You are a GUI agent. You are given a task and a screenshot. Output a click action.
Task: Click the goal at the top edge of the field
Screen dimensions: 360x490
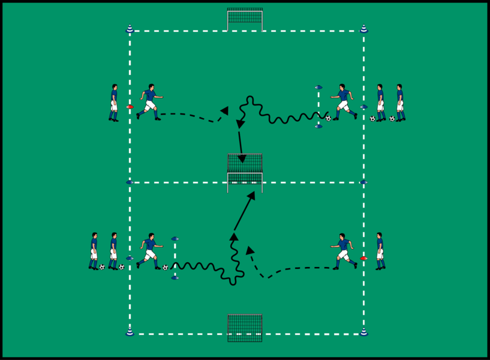pos(245,19)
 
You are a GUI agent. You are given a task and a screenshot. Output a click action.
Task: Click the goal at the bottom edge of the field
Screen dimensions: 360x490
pos(245,328)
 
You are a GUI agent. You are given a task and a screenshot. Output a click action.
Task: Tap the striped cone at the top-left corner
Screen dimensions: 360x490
pos(130,28)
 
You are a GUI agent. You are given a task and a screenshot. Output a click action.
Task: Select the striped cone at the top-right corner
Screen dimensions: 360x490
pos(363,28)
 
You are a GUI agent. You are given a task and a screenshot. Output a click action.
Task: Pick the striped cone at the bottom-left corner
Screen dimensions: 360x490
pos(130,331)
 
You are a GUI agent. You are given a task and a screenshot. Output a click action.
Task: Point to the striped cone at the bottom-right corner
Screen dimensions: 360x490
pos(363,331)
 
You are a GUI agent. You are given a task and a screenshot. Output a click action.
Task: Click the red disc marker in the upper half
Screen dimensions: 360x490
pos(130,107)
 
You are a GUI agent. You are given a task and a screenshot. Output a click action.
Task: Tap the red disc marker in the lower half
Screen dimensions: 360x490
pos(363,258)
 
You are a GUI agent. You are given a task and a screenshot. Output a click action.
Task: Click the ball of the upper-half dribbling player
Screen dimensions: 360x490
pos(328,118)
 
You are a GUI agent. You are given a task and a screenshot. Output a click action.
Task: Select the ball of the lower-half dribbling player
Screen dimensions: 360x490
pos(165,268)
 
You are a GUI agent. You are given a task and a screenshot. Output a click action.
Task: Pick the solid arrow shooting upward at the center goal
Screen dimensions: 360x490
pos(245,210)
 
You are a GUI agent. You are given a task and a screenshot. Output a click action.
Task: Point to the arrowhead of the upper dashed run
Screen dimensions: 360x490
pos(224,110)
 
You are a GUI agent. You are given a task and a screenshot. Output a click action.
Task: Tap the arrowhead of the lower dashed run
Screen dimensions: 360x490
pos(249,250)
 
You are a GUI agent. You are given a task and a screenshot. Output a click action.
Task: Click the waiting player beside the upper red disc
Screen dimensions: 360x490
pos(113,103)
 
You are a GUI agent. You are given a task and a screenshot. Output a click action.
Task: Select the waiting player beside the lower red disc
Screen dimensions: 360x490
pos(380,251)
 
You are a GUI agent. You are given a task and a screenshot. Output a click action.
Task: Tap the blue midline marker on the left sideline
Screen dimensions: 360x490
pos(130,182)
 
